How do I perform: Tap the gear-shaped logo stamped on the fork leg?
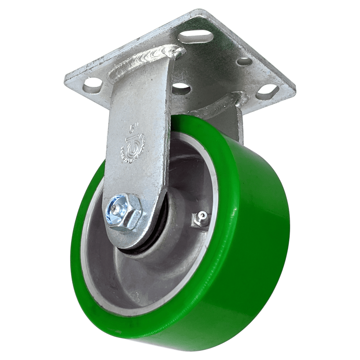coord(133,148)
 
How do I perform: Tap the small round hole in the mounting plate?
coord(245,61)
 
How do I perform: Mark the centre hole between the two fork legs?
coord(181,88)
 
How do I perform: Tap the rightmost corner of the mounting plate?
coord(294,87)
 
